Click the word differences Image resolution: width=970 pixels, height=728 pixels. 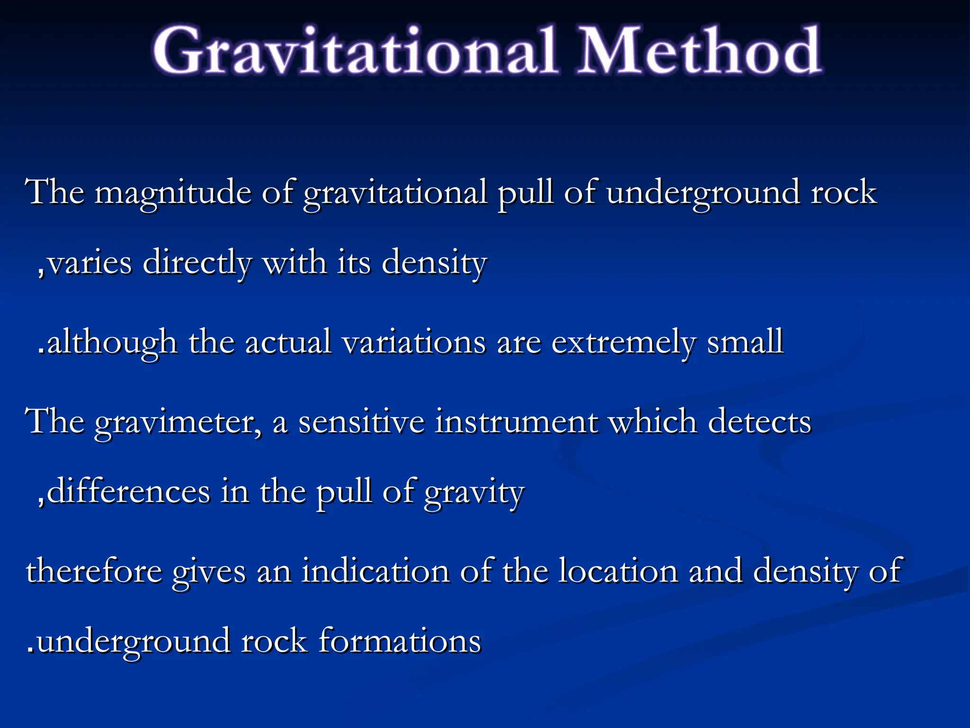[x=128, y=491]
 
